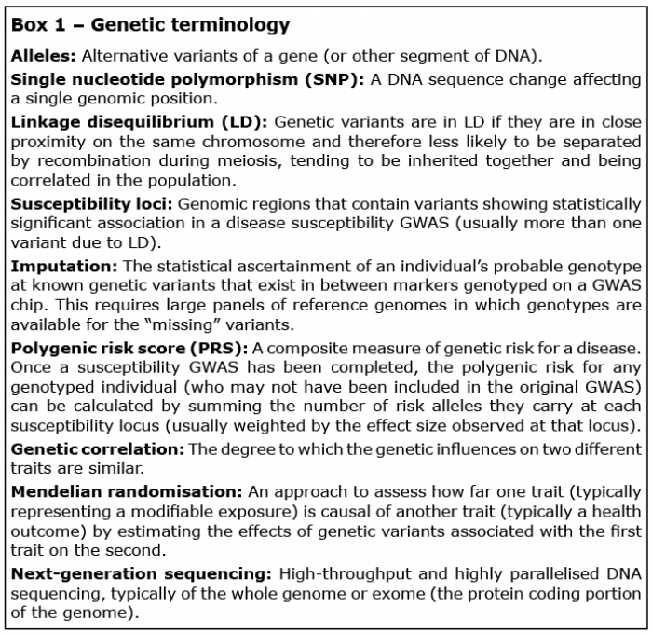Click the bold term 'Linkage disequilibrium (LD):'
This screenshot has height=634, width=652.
[x=140, y=122]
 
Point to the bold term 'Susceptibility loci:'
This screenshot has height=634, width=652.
[x=91, y=204]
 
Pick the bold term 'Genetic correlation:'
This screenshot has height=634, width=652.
[x=98, y=449]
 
